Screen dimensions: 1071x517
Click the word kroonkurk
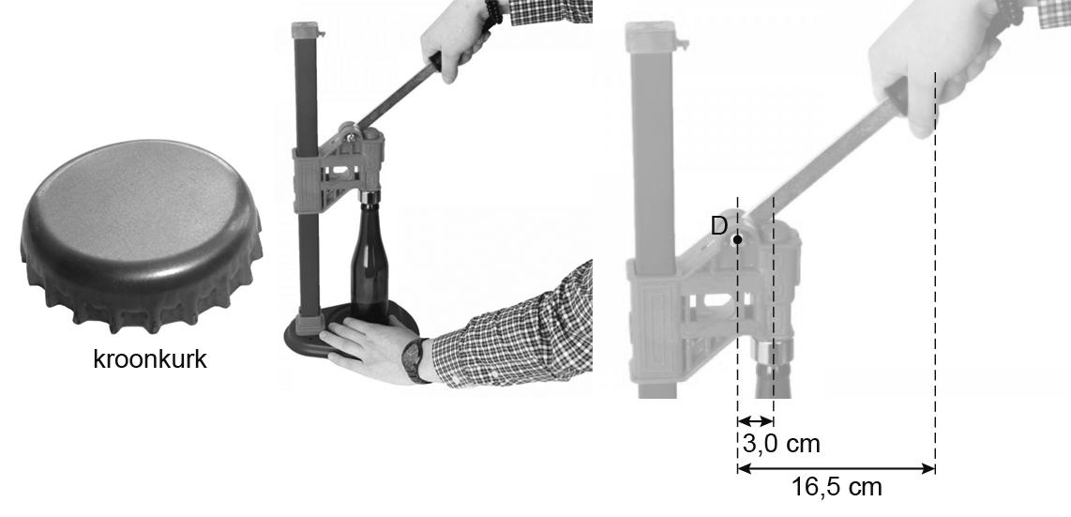pos(150,359)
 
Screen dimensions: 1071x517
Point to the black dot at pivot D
pos(738,239)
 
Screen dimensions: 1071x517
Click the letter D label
pos(719,226)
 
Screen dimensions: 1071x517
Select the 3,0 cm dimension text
pos(780,444)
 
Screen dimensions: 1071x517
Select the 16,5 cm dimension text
pos(837,488)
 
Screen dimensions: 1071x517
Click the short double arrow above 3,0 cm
pos(756,421)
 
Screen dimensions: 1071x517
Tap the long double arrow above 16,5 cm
pos(836,468)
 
